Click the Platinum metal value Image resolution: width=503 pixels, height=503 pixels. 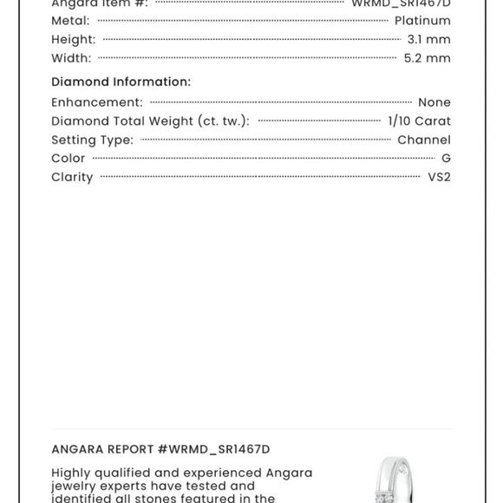pyautogui.click(x=422, y=21)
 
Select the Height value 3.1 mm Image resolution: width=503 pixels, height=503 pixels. pyautogui.click(x=428, y=40)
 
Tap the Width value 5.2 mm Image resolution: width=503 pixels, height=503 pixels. pyautogui.click(x=427, y=59)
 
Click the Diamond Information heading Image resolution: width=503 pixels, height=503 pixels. pyautogui.click(x=121, y=82)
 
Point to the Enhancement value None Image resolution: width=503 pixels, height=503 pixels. pyautogui.click(x=434, y=102)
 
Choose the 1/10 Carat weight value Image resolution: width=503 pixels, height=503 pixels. pyautogui.click(x=419, y=121)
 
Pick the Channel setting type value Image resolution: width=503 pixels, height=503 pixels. pyautogui.click(x=423, y=140)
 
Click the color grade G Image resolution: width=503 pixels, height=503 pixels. pyautogui.click(x=446, y=159)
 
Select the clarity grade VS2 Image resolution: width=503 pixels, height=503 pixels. pyautogui.click(x=439, y=178)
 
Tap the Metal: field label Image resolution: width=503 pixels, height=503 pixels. pyautogui.click(x=70, y=21)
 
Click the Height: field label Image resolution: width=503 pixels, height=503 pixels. pyautogui.click(x=73, y=40)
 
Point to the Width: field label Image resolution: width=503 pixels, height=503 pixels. pyautogui.click(x=71, y=59)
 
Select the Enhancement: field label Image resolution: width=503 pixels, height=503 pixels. pyautogui.click(x=97, y=102)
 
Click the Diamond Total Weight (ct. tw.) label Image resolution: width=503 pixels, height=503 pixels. pyautogui.click(x=150, y=121)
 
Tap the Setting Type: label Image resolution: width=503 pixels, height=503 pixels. pyautogui.click(x=92, y=140)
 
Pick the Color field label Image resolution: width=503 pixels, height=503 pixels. pyautogui.click(x=69, y=159)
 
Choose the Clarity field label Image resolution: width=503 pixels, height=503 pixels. pyautogui.click(x=72, y=178)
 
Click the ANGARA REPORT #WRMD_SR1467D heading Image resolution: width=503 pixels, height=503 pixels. pyautogui.click(x=160, y=449)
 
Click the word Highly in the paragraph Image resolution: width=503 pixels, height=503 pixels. pyautogui.click(x=75, y=473)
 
